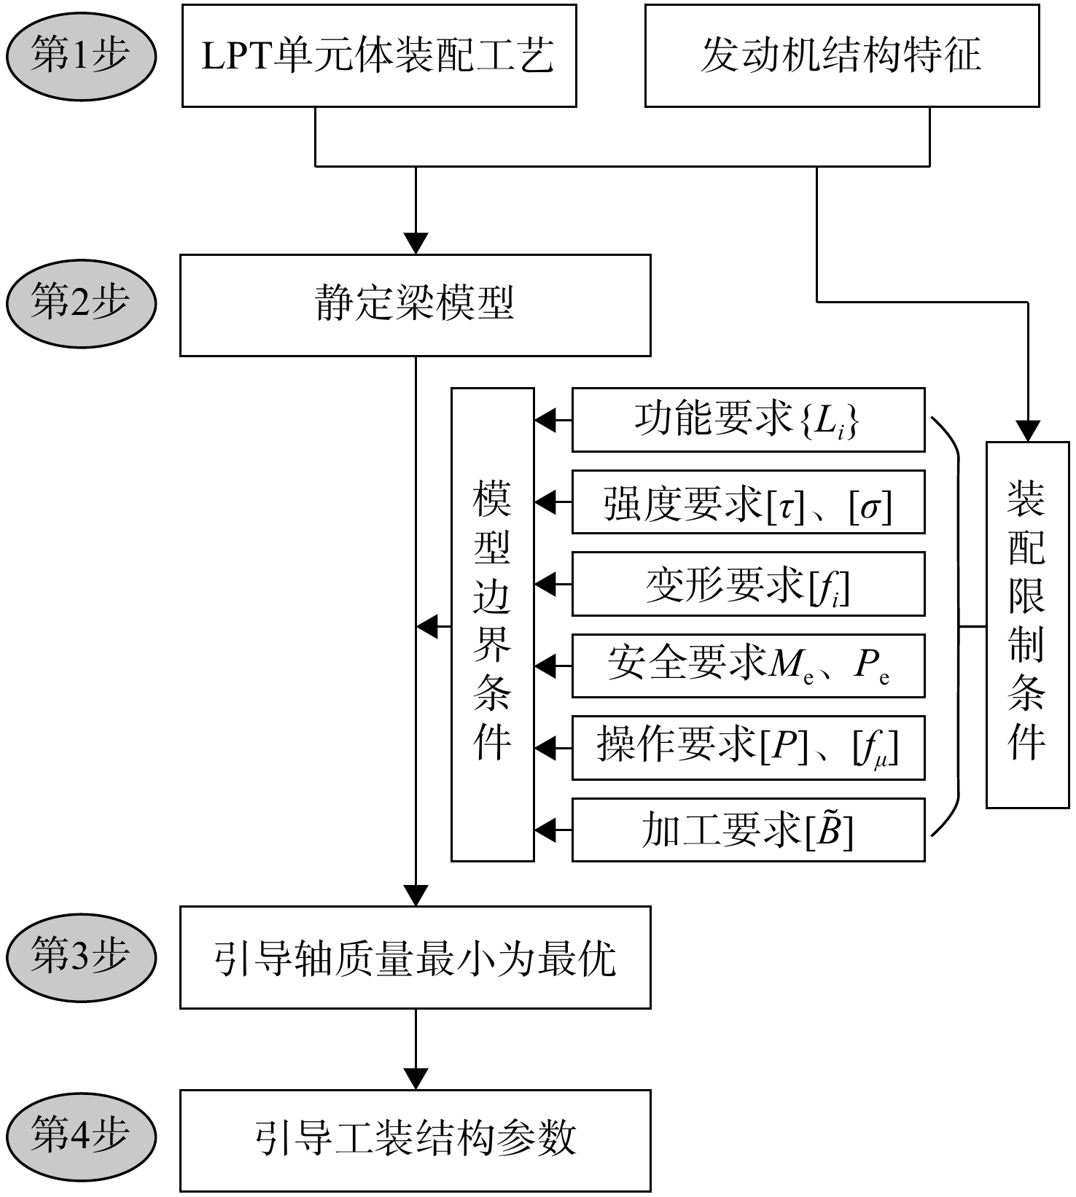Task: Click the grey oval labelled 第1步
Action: pos(81,57)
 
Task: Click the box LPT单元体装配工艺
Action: pos(379,56)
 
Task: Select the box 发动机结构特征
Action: pos(842,56)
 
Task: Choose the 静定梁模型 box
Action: pos(416,305)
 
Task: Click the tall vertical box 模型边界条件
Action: pos(493,625)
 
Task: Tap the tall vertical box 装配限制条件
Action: pos(1028,625)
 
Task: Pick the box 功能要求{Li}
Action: pos(749,420)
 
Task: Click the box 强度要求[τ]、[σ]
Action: pos(749,502)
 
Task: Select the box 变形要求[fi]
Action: pos(749,584)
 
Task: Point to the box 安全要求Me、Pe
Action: pos(749,666)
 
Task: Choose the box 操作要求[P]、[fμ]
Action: pos(749,748)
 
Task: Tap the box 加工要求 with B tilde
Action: pos(749,830)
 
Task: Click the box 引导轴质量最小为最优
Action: pos(416,958)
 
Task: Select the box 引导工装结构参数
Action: pos(416,1141)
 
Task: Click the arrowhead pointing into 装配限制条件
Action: pos(1028,431)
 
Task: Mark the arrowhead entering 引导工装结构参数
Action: pos(416,1080)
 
